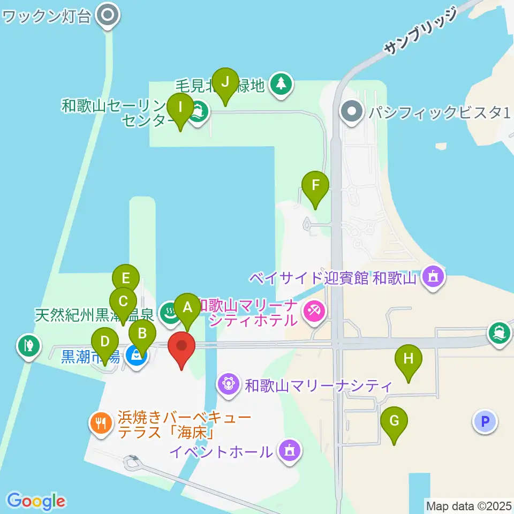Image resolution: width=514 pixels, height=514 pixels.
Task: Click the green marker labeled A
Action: [187, 308]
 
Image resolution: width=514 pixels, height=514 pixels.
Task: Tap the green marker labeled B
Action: [142, 334]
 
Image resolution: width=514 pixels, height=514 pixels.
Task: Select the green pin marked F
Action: [315, 186]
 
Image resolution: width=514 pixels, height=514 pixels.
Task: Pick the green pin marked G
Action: [394, 421]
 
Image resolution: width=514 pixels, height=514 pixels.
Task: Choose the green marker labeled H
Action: [409, 359]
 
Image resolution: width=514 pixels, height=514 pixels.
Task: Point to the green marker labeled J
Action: [225, 82]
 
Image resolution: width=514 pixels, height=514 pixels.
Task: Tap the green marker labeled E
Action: [126, 279]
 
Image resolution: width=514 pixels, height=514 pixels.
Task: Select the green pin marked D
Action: [105, 342]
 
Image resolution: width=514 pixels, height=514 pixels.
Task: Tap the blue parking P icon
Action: [485, 421]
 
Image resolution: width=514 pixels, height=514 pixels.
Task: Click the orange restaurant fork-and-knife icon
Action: [100, 424]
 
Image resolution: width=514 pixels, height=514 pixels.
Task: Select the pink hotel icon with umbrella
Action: [313, 311]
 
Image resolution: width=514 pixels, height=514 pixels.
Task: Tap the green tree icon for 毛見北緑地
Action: [281, 84]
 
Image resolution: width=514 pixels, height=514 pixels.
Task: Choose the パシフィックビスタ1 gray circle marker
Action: [352, 112]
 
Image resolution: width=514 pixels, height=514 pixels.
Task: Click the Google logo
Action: [36, 501]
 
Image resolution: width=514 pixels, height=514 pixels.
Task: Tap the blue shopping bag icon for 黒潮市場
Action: [137, 356]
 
